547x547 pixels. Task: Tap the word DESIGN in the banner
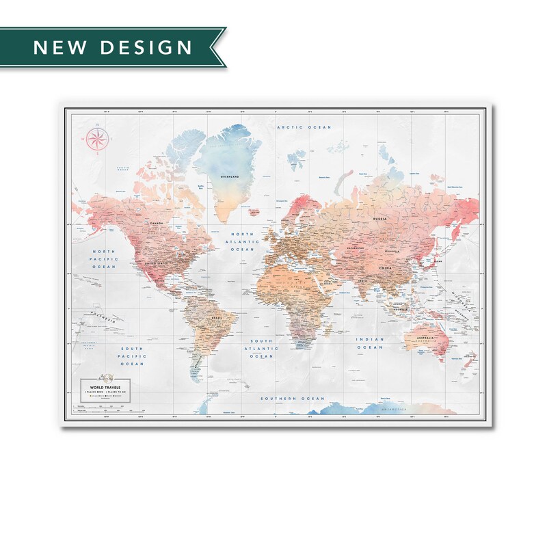click(x=146, y=47)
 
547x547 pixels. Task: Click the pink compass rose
click(x=96, y=139)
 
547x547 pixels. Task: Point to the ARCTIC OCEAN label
click(x=304, y=127)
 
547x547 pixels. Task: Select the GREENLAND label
click(x=229, y=176)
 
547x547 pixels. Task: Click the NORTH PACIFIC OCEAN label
click(x=106, y=258)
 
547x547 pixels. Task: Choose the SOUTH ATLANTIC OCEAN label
click(x=263, y=348)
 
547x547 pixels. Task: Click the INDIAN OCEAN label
click(x=371, y=343)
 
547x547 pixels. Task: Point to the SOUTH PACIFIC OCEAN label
click(x=131, y=356)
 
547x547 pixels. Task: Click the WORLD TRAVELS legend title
click(x=101, y=387)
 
